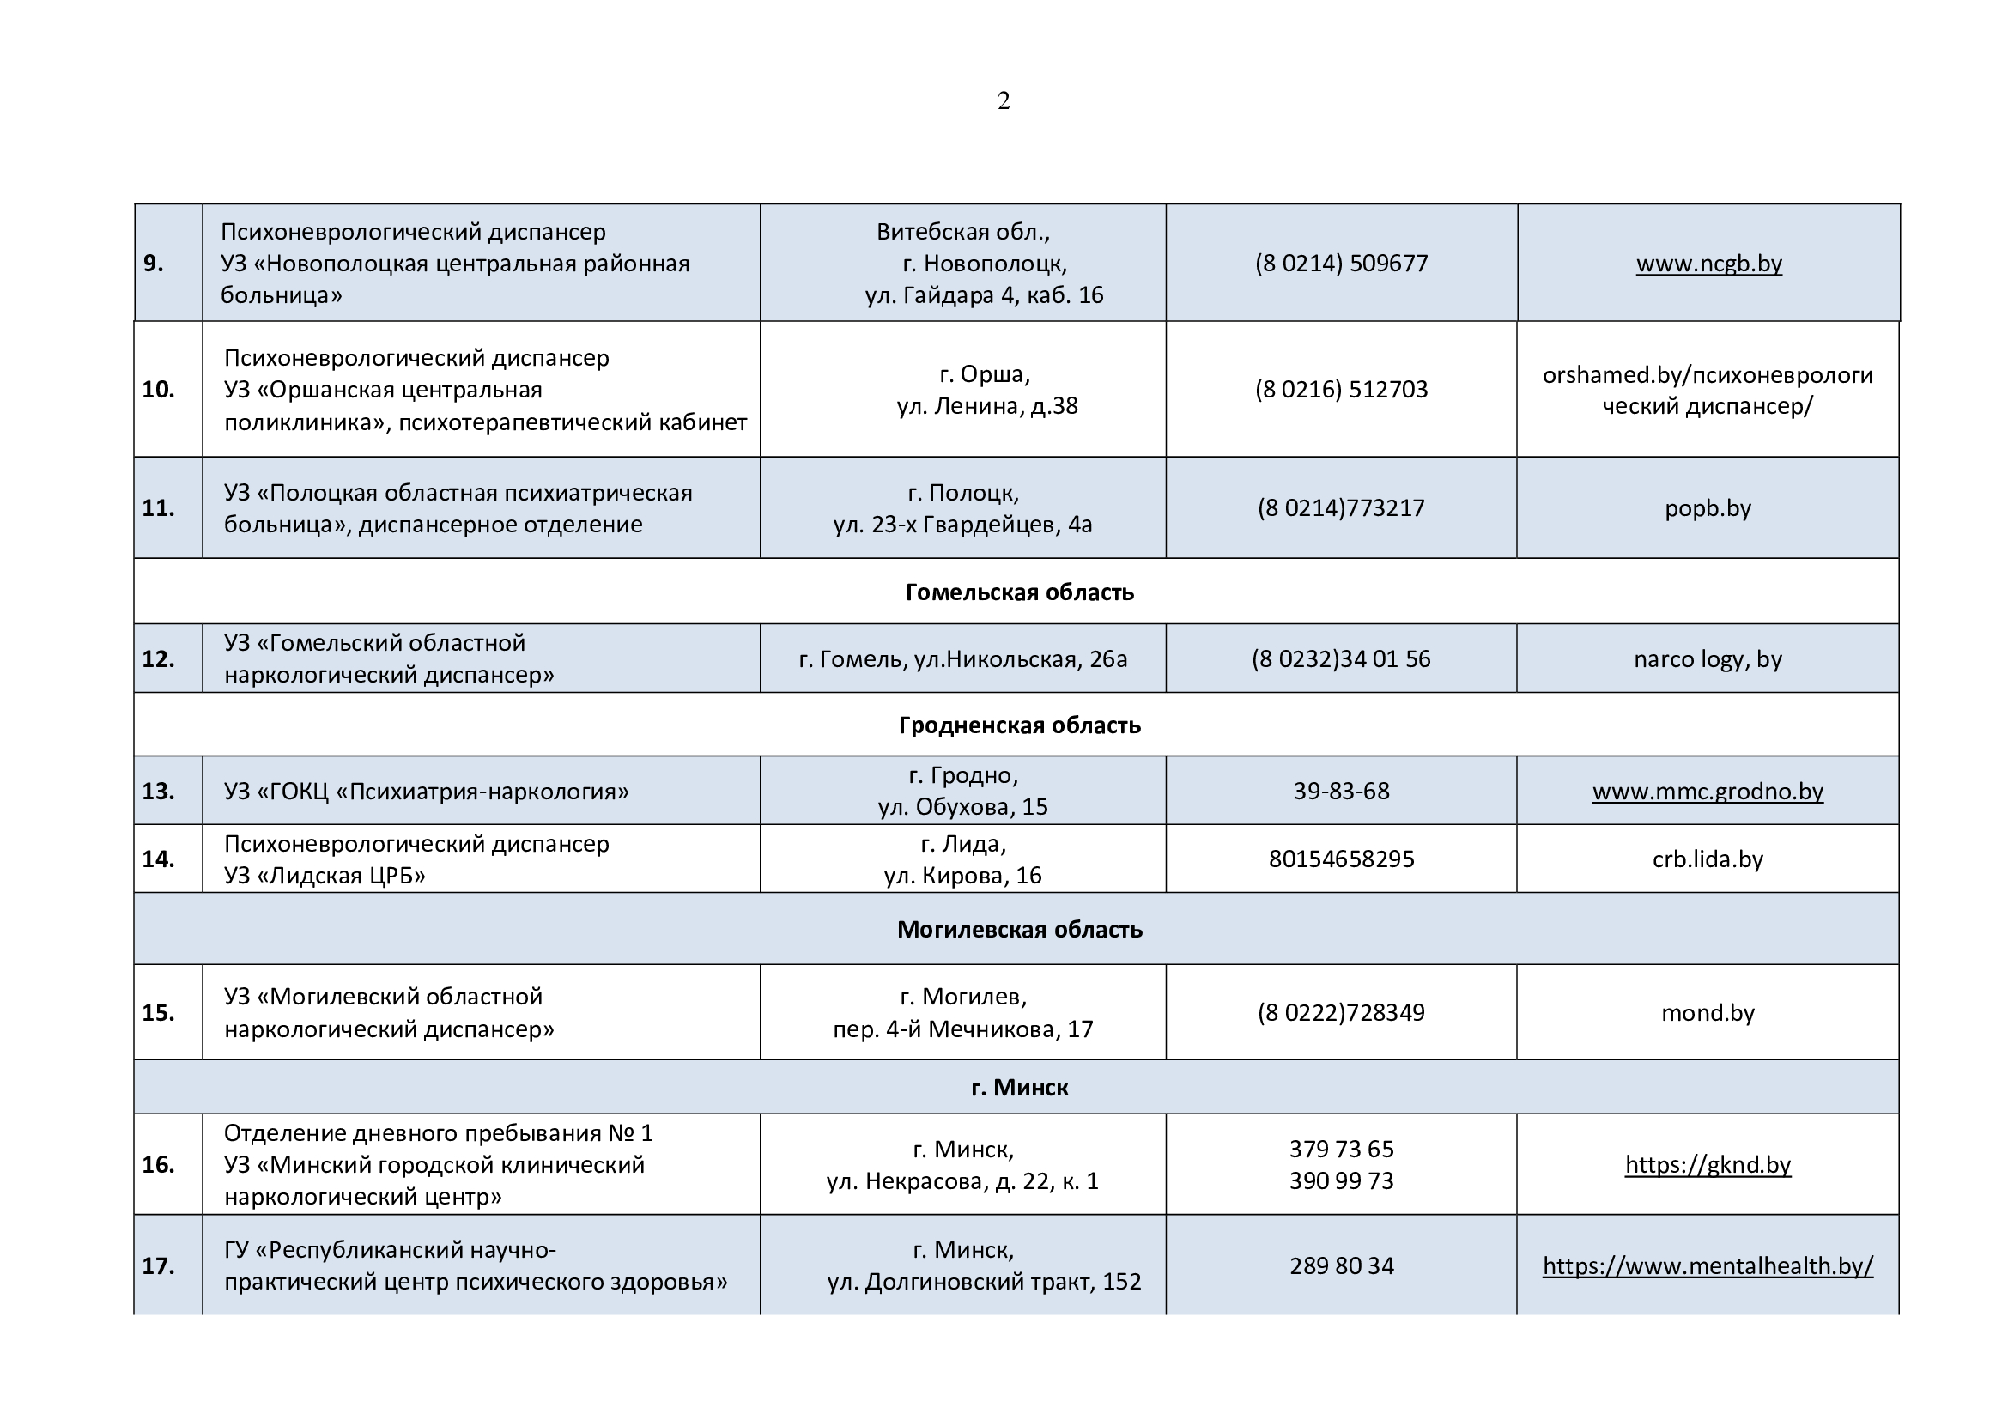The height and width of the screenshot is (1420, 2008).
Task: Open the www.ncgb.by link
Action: (1708, 264)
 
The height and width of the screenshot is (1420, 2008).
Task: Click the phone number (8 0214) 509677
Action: (1341, 264)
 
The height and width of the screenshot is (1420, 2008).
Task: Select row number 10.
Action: (158, 389)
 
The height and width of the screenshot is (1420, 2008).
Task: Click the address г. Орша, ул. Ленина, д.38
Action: (986, 390)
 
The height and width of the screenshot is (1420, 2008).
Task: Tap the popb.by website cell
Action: (1708, 508)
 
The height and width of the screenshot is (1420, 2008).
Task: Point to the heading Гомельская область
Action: (1019, 592)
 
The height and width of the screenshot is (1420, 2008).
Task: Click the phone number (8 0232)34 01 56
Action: (1341, 658)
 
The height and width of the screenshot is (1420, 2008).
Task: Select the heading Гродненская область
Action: (1019, 725)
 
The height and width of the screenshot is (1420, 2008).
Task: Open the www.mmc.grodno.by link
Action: (1708, 792)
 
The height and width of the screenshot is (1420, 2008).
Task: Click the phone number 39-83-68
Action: (1341, 792)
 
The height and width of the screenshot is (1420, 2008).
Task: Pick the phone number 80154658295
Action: (1341, 859)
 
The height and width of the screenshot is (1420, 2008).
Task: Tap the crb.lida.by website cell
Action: (1708, 859)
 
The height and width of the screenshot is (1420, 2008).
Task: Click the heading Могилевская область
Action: (1019, 929)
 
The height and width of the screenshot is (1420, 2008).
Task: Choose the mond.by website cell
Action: (1708, 1012)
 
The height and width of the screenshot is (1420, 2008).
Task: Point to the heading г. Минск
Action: (1019, 1087)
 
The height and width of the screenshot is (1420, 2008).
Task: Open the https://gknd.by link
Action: (1708, 1165)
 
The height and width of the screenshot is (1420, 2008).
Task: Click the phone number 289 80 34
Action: (1341, 1265)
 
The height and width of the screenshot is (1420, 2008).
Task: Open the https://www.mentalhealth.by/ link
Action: (1708, 1265)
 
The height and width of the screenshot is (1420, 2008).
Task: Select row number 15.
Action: (158, 1012)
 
